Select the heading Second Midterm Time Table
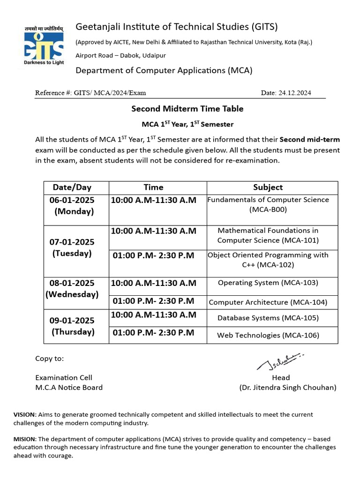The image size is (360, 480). pos(187,109)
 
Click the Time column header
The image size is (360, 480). pos(153,187)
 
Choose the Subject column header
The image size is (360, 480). pos(268,187)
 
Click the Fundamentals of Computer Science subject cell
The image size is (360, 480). pos(268,205)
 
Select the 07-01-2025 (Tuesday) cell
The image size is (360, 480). pos(72,247)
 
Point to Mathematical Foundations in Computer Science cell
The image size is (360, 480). pos(268,235)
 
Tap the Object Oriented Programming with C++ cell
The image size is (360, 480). pos(268,260)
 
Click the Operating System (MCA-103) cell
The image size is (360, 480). pos(268,283)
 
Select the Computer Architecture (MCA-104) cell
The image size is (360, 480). pos(268,302)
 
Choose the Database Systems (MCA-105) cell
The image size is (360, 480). pos(268,318)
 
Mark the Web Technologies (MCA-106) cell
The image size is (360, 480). pos(268,335)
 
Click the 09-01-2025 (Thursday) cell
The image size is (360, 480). pos(72,326)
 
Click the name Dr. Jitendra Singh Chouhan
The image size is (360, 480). pos(287,388)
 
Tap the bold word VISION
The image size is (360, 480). pos(24,415)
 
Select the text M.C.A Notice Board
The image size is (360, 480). pos(69,388)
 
